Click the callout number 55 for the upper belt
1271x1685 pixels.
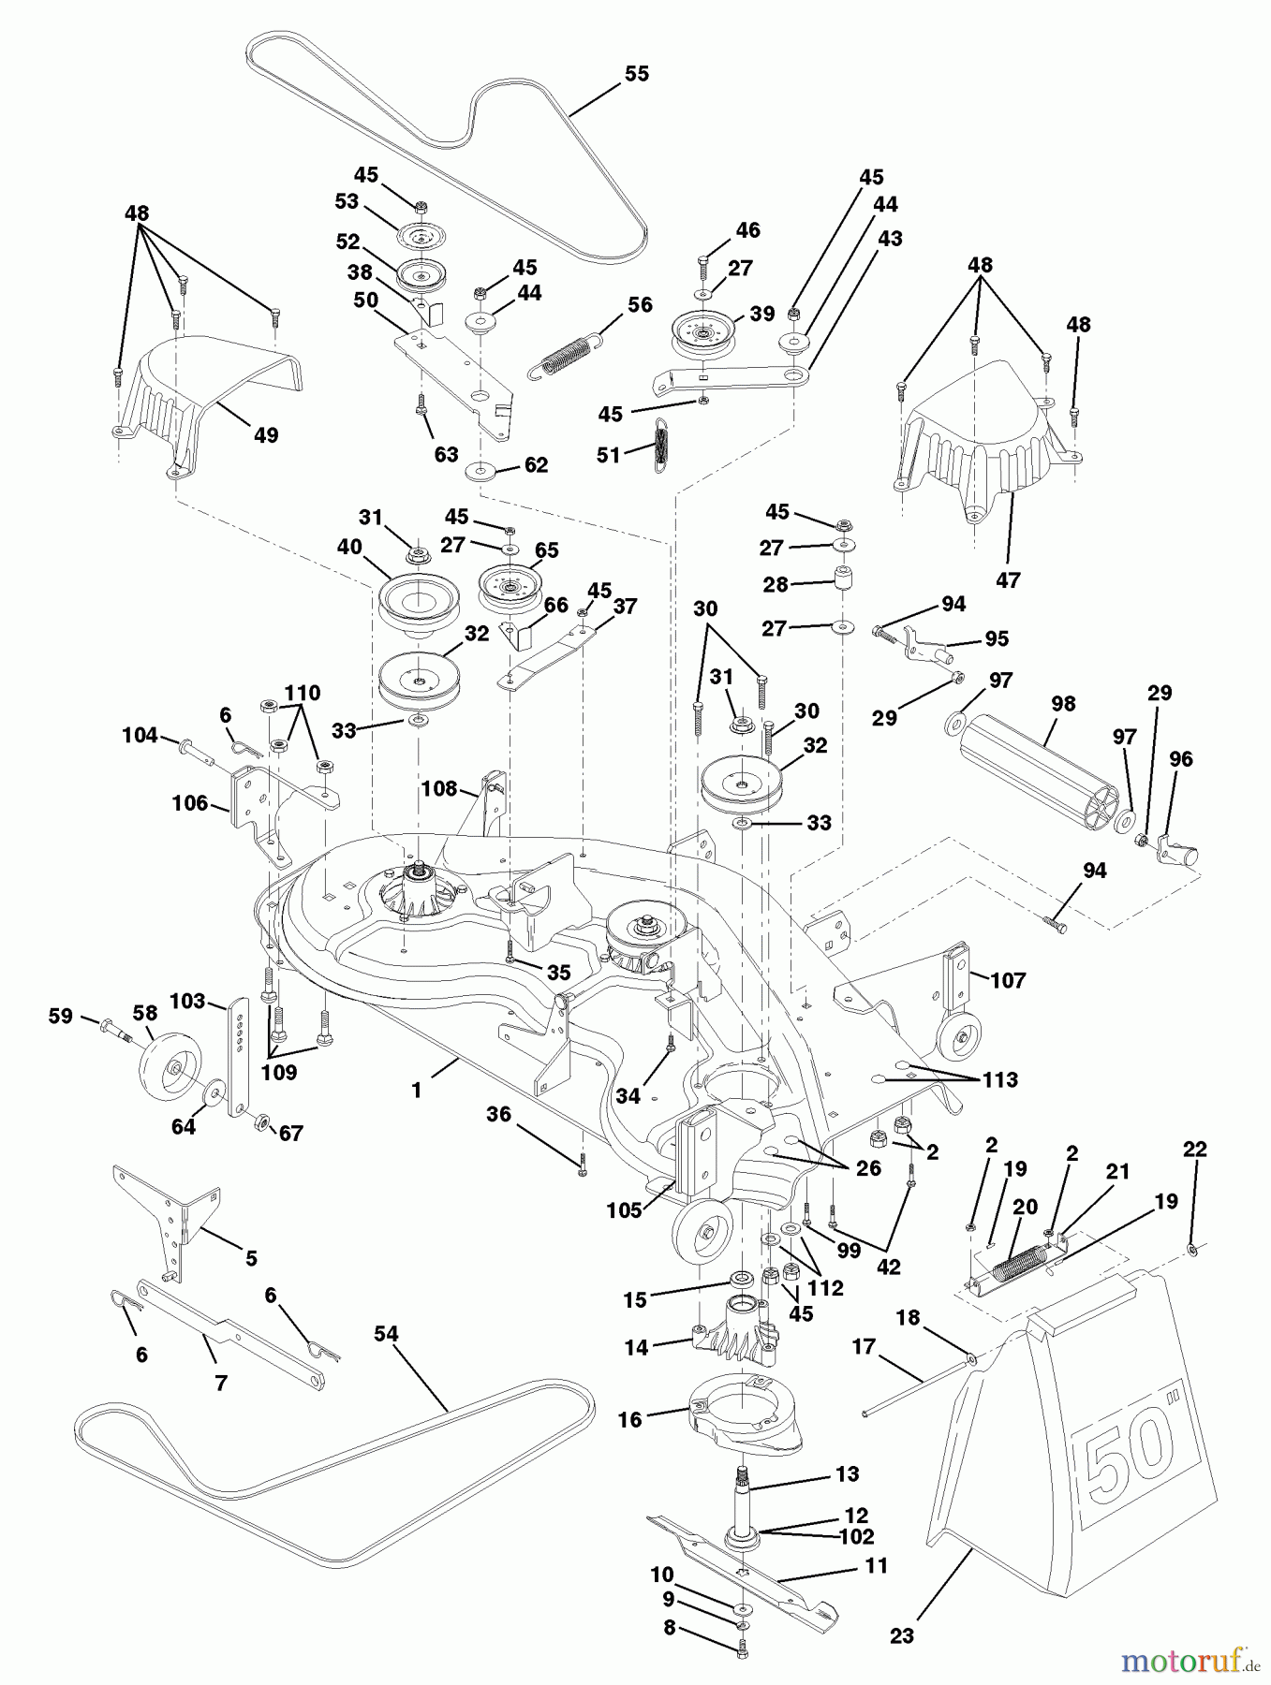pyautogui.click(x=636, y=74)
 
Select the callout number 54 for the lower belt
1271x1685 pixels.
pyautogui.click(x=386, y=1334)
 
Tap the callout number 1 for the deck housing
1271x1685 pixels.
pyautogui.click(x=417, y=1091)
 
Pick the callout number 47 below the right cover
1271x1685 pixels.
pyautogui.click(x=1008, y=580)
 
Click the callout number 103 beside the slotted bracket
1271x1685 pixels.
pyautogui.click(x=187, y=1002)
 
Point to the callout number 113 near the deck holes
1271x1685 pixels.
pyautogui.click(x=999, y=1079)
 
